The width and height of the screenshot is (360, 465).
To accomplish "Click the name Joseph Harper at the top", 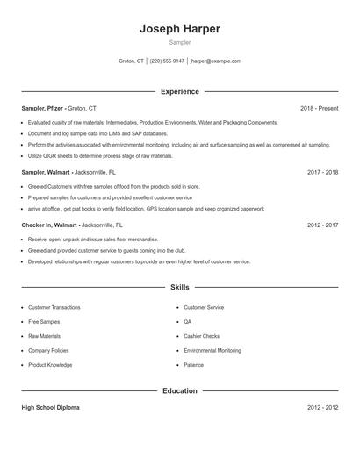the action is coord(179,29).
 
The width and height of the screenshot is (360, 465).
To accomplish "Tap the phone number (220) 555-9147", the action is coord(167,61).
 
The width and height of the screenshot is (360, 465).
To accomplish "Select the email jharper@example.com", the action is coord(215,61).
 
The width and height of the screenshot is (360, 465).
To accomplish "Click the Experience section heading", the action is coord(179,91).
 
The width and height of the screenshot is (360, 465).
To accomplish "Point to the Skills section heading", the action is coord(179,287).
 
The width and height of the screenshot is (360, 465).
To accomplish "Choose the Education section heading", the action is coord(179,390).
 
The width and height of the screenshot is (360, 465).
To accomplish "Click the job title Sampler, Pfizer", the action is coord(42,108).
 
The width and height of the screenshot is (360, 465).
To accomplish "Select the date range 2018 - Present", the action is coord(319,108).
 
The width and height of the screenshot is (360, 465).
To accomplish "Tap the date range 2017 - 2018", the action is coord(322,173).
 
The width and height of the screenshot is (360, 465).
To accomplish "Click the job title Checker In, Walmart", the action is coord(48,225).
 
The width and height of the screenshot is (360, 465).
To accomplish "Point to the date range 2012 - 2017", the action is coord(322,225).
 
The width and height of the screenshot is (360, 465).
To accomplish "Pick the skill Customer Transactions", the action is coord(54,307).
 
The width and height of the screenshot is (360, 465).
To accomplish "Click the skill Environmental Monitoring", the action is coord(212,350).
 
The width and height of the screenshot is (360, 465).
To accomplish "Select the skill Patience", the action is coord(193,365).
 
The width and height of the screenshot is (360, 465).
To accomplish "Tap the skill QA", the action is coord(187,322).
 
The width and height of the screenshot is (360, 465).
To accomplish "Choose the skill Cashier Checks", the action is coord(202,336).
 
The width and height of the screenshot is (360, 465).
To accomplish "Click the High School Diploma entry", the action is coord(49,408).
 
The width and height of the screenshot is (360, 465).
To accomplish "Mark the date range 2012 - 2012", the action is coord(322,408).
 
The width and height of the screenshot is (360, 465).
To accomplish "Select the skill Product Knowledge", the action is coord(50,365).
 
